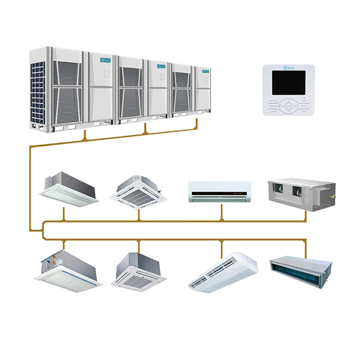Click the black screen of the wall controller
[x=288, y=82]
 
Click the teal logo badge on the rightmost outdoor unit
[x=206, y=71]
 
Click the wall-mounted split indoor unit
[x=219, y=192]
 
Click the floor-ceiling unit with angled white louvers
[x=222, y=271]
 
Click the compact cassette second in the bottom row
[x=138, y=271]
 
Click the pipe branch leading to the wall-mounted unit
[x=222, y=213]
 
